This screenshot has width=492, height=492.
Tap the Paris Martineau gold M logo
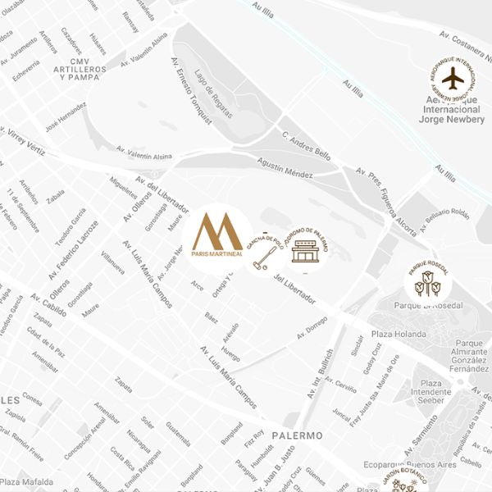[x=217, y=235]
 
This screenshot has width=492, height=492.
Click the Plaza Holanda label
[x=399, y=335]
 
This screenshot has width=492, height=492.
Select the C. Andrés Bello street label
[x=307, y=145]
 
